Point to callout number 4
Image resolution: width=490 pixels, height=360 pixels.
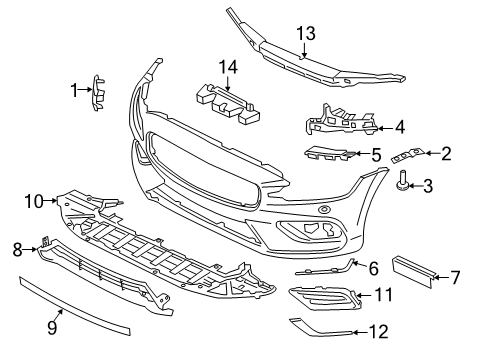pos(399,127)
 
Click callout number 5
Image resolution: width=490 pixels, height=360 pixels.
pos(375,155)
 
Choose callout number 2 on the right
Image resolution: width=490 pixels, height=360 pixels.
pos(446,153)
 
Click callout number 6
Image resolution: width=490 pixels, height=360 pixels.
pos(374,268)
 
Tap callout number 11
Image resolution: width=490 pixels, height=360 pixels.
pos(384,295)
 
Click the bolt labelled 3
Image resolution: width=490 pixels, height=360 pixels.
pos(403,182)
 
